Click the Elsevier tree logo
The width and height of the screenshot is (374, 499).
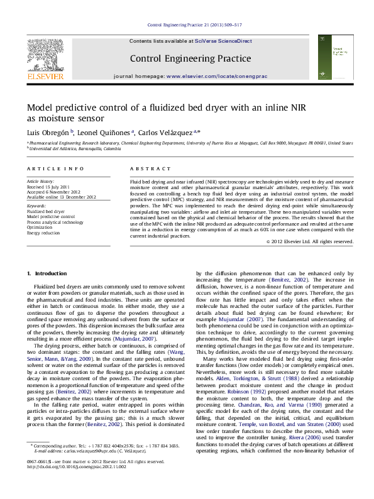tap(46, 57)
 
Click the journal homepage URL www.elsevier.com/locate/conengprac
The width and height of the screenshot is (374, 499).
tap(216, 75)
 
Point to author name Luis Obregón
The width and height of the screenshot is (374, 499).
tap(48, 133)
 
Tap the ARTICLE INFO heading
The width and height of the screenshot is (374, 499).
tap(55, 170)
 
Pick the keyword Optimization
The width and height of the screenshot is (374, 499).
tap(40, 227)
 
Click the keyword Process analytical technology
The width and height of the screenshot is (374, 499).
tap(55, 222)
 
